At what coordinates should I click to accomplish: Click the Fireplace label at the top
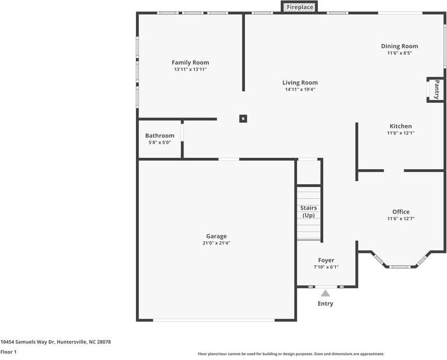300,7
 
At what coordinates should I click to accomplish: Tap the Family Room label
190,63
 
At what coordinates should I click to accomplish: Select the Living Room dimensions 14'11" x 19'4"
300,90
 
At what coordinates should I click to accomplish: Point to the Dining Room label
399,46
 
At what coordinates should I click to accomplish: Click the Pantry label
437,90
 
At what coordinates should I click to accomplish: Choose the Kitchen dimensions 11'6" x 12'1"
401,133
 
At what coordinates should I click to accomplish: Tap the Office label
401,212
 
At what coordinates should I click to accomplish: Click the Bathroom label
159,136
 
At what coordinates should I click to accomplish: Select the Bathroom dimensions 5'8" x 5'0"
159,143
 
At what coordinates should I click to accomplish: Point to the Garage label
217,236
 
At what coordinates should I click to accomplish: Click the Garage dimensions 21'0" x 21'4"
217,243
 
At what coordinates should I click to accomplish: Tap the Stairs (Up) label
309,212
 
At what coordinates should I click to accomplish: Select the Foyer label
326,260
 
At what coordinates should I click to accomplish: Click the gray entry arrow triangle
325,294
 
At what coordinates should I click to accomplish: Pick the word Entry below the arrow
325,304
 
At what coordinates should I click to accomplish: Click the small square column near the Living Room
243,119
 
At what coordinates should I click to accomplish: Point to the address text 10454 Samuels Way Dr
27,342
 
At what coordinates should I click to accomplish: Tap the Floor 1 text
8,352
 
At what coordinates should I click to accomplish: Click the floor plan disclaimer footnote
291,354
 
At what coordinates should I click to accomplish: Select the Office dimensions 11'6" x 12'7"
401,219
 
